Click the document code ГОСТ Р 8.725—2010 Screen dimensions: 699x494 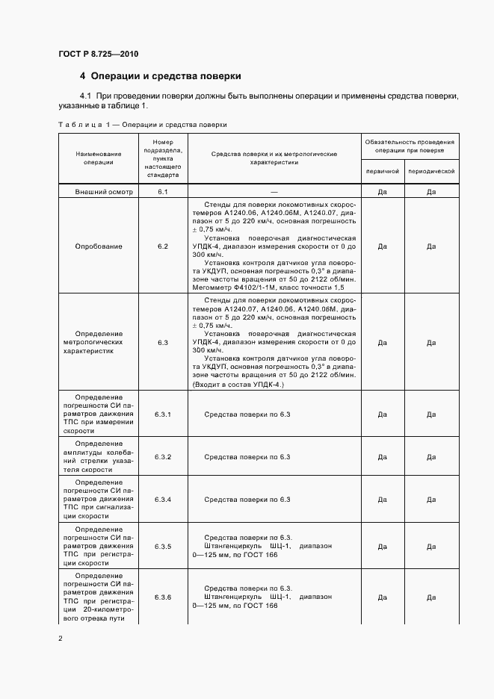(98, 54)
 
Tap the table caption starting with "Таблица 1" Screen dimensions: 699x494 (142, 124)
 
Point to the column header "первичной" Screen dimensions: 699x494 (382, 171)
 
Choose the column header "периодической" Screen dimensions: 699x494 (431, 171)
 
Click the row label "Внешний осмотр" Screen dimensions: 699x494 (103, 192)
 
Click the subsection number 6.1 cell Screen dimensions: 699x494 (162, 192)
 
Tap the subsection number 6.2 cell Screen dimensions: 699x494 (162, 246)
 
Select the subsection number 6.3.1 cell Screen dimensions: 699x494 (162, 414)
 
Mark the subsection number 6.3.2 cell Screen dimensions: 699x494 (162, 457)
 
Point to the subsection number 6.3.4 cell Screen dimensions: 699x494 (162, 499)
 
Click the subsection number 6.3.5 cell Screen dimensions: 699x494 (162, 546)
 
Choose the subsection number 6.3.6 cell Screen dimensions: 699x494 (162, 597)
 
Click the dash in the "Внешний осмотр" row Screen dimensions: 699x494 (274, 192)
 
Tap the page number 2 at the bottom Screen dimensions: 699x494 (61, 639)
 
